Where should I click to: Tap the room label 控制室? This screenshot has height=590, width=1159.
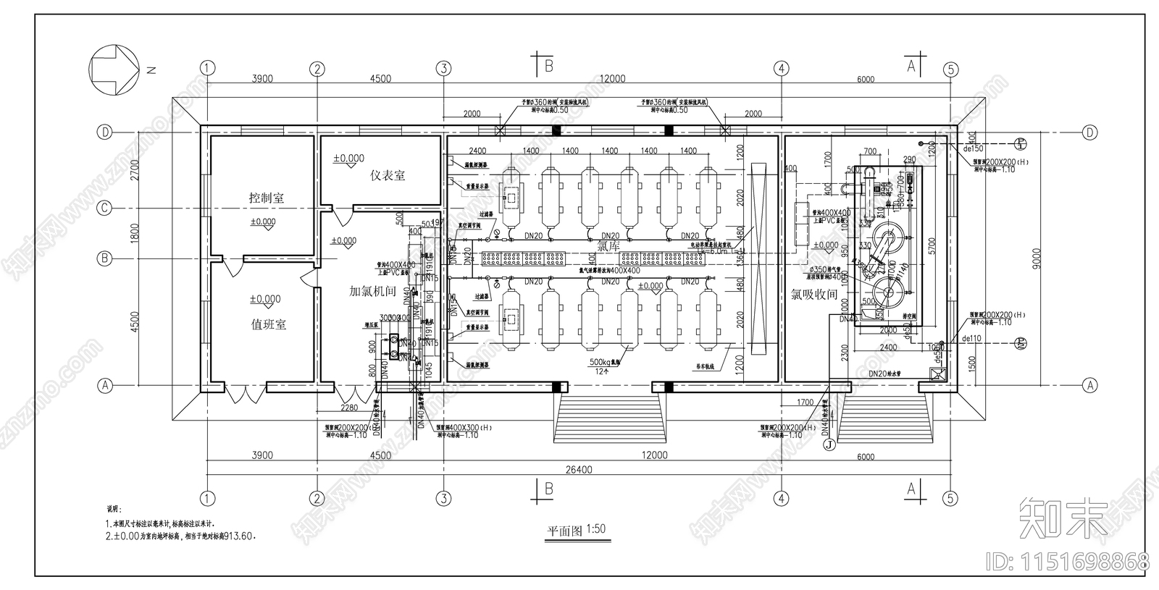point(267,198)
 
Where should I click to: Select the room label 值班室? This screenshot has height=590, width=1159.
point(268,324)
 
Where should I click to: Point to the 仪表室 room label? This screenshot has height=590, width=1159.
point(388,175)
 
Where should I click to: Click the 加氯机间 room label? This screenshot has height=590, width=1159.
point(372,291)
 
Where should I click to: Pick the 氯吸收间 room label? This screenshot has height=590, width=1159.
point(813,295)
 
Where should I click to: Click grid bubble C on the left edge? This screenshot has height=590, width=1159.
point(106,208)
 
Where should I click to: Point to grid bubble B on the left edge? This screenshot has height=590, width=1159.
point(106,258)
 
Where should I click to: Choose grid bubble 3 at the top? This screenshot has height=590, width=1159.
point(443,69)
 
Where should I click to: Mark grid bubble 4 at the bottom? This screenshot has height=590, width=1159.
point(780,498)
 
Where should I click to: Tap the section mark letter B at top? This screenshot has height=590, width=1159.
point(548,67)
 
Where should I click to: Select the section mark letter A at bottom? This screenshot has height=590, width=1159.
point(911,489)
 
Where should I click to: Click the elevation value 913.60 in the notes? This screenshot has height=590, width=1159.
point(239,536)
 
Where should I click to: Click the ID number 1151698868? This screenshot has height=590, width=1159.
point(1068,561)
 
